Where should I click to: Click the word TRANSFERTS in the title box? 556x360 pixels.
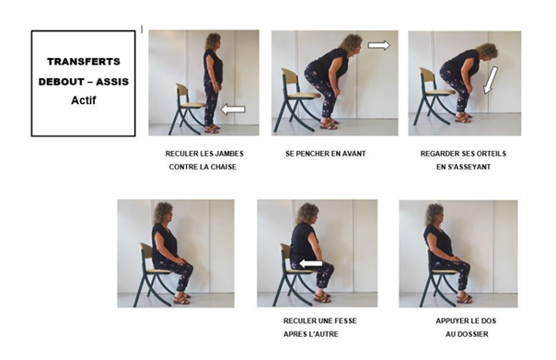[84, 62]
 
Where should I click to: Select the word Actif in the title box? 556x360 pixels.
[84, 100]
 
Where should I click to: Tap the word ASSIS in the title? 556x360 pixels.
[112, 82]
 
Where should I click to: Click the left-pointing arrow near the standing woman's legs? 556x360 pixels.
[233, 110]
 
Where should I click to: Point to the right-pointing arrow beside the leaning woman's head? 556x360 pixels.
[378, 45]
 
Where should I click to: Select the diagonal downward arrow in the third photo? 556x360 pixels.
[491, 80]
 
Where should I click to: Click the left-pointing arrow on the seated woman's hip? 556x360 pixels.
[311, 263]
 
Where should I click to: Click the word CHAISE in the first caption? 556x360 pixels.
[224, 167]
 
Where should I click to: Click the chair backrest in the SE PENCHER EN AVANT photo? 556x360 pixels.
[289, 76]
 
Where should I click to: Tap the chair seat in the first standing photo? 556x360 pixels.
[193, 105]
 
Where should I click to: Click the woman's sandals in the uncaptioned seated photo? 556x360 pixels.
[181, 299]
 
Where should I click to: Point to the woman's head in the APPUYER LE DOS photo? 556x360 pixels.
[434, 214]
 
